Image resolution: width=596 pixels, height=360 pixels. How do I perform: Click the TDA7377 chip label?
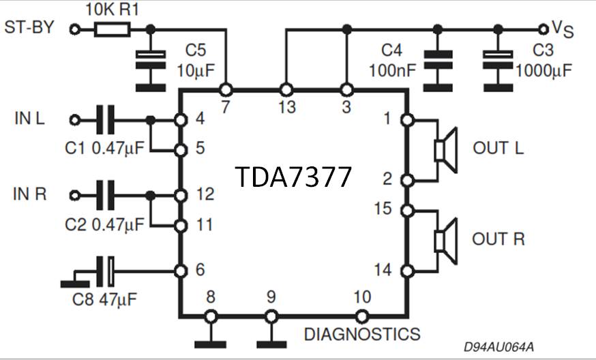[x=294, y=177]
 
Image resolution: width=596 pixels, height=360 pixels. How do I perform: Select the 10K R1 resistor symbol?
[x=113, y=29]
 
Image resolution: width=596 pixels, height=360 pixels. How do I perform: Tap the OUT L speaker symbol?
[x=444, y=149]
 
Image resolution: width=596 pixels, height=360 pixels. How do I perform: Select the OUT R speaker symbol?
[x=444, y=240]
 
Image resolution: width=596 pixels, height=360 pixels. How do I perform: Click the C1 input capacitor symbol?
[x=106, y=120]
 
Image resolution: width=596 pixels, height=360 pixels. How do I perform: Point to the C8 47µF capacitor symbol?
[x=106, y=271]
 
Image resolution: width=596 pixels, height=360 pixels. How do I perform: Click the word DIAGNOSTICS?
[x=361, y=334]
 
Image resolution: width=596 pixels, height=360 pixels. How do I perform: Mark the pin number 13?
[x=286, y=107]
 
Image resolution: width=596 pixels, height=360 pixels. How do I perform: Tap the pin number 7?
[x=226, y=107]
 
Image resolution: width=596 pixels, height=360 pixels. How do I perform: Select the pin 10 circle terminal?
[x=361, y=316]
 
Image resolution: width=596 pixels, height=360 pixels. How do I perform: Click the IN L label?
[x=29, y=119]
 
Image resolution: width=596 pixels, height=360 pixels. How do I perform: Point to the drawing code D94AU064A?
[x=498, y=348]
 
